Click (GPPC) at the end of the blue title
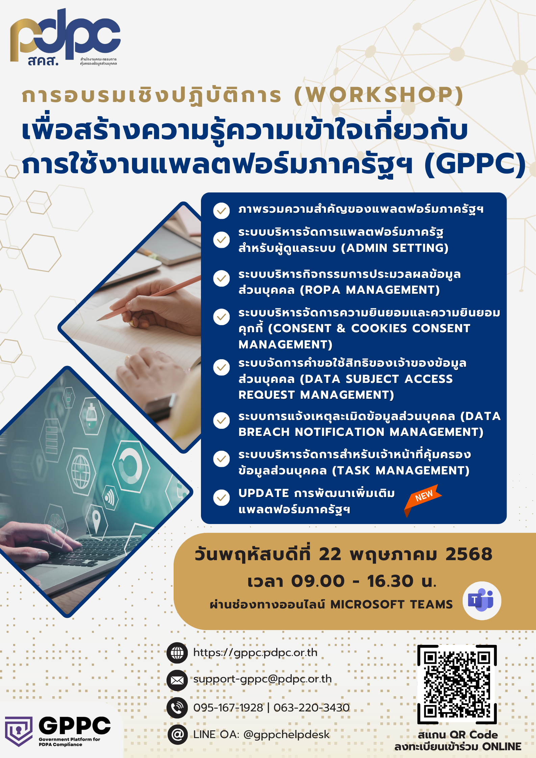click(475, 164)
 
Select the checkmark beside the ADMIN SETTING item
click(222, 240)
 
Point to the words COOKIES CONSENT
click(411, 328)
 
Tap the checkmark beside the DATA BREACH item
click(222, 420)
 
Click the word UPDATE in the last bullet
click(263, 493)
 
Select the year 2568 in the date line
click(469, 554)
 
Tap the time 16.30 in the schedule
click(390, 581)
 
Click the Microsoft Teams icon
click(482, 601)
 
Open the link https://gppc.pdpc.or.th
click(255, 653)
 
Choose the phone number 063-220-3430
click(311, 707)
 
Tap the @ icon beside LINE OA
click(177, 734)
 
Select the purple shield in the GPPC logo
click(19, 731)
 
